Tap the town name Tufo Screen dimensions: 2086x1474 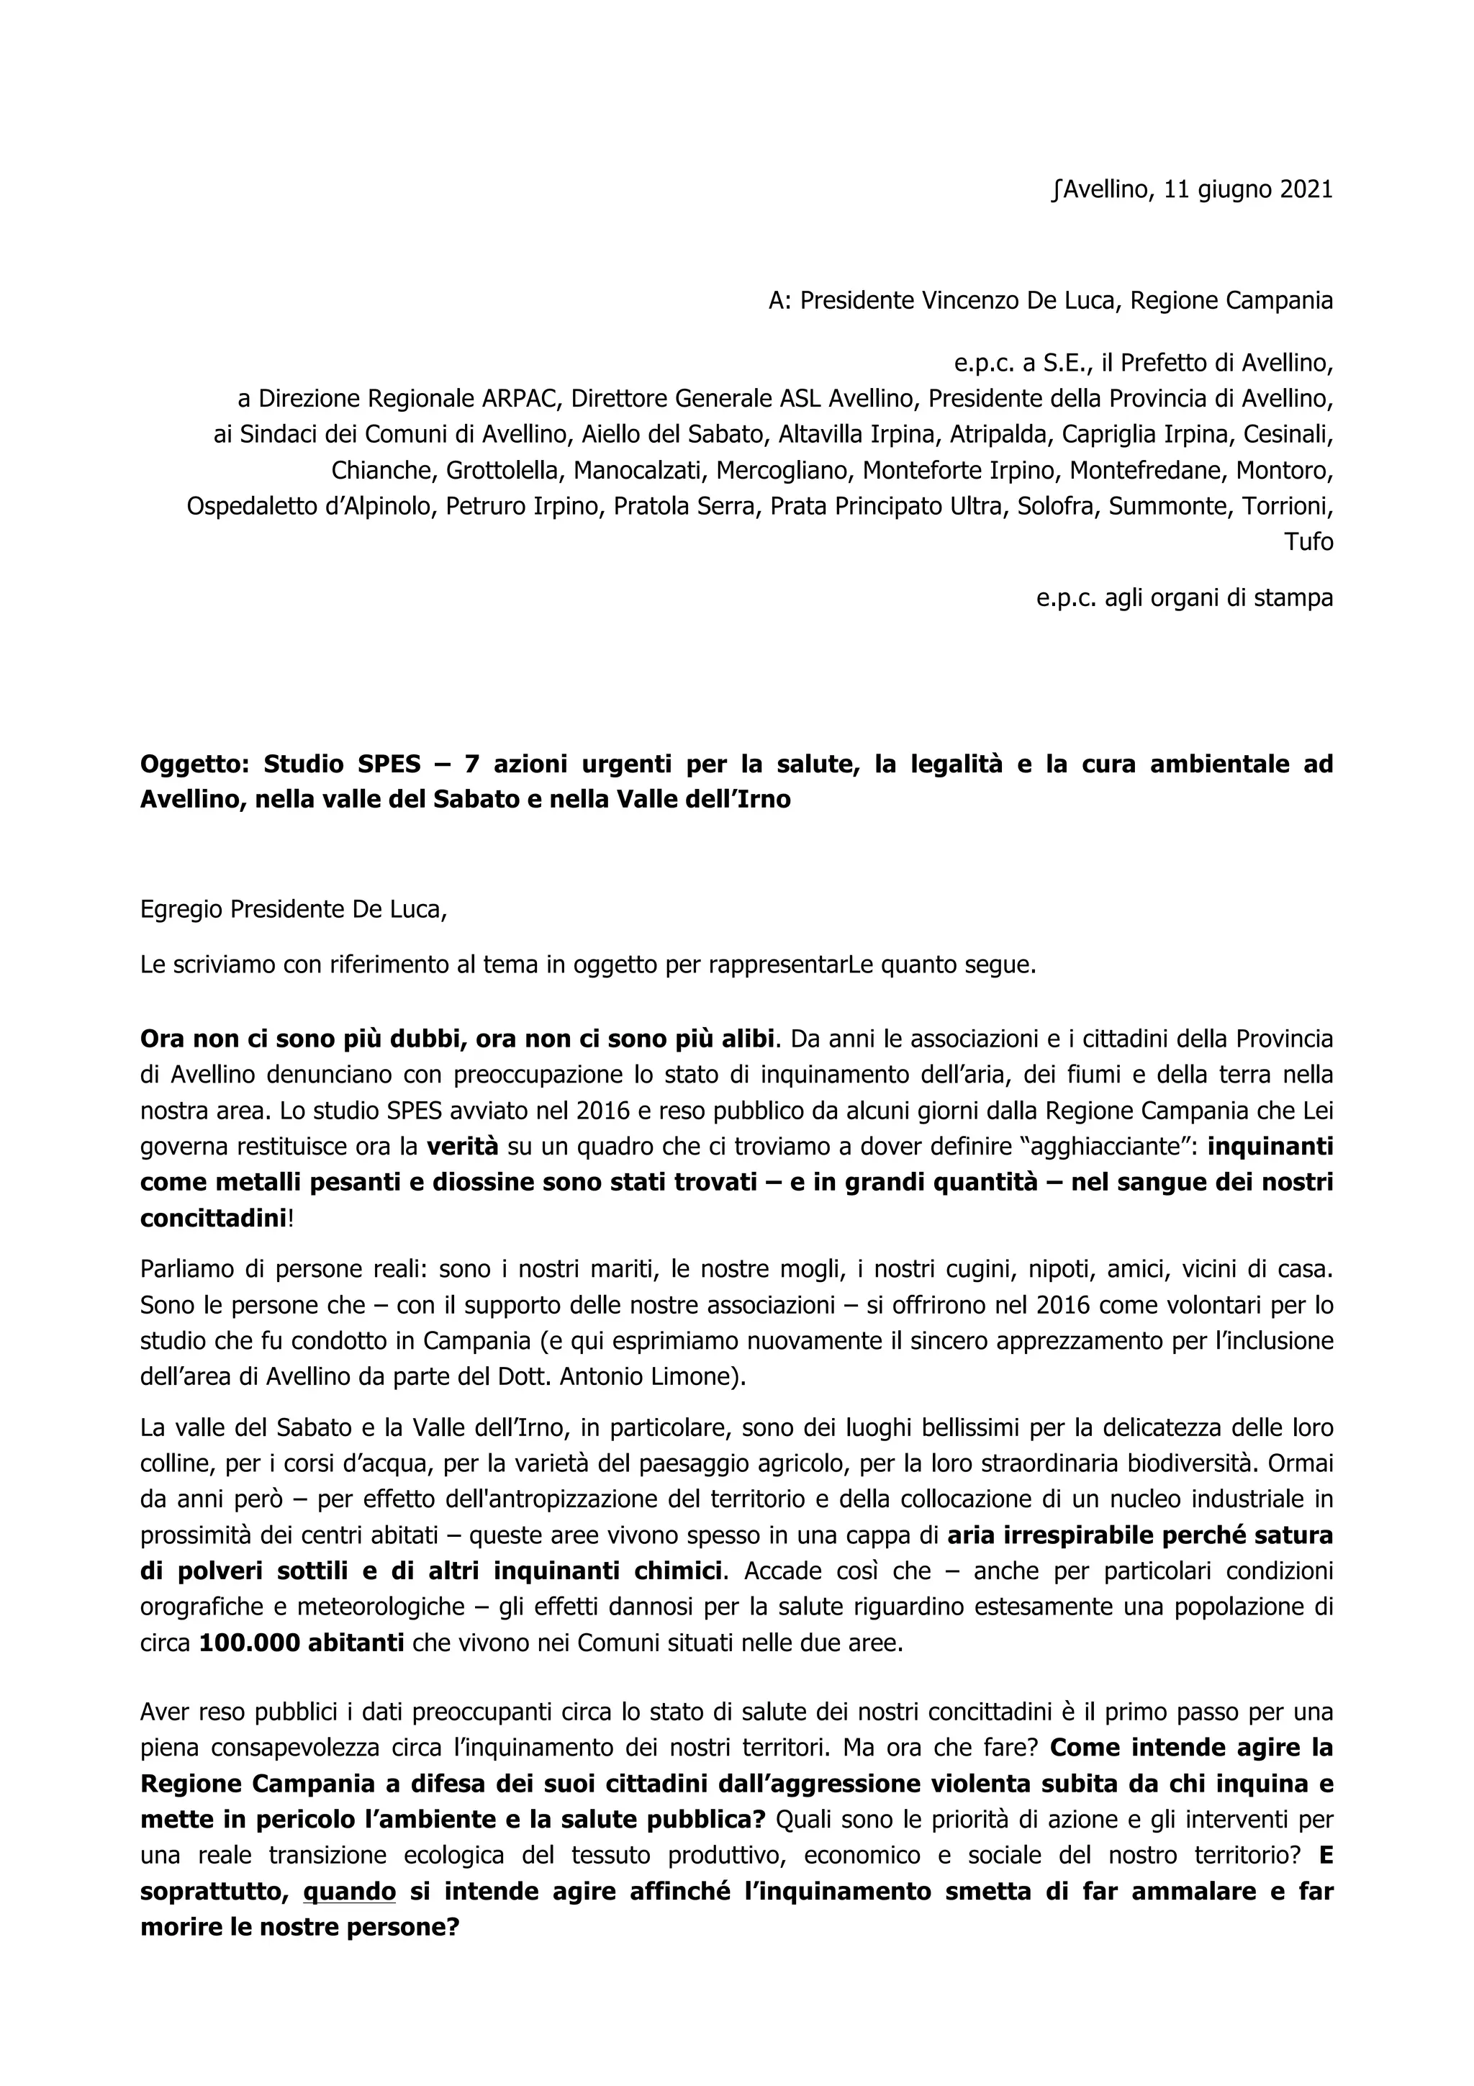tap(1308, 543)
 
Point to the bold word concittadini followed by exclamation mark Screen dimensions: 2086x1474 tap(212, 1217)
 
